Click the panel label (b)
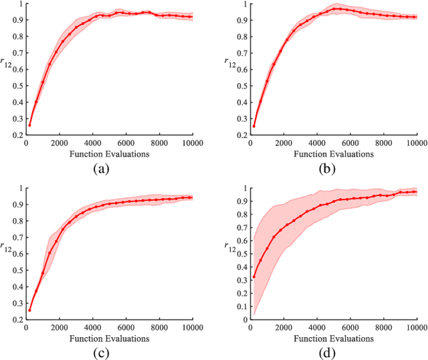click(x=328, y=169)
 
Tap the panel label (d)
click(x=328, y=353)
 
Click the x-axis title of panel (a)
click(x=108, y=154)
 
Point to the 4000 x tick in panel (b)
click(x=318, y=144)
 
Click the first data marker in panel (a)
click(x=29, y=125)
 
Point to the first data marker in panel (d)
click(x=255, y=276)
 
